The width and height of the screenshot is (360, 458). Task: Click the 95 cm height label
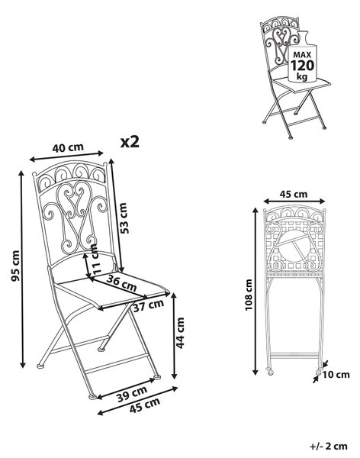pyautogui.click(x=15, y=266)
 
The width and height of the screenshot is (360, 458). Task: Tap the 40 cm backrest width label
pyautogui.click(x=68, y=147)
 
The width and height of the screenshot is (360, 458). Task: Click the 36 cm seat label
pyautogui.click(x=121, y=282)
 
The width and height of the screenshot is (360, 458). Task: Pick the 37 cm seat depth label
pyautogui.click(x=148, y=305)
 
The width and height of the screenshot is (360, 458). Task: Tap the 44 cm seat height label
pyautogui.click(x=180, y=333)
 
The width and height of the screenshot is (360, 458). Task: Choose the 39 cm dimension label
pyautogui.click(x=132, y=394)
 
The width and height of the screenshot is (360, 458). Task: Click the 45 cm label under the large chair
pyautogui.click(x=144, y=405)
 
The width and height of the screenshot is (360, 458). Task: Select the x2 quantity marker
pyautogui.click(x=130, y=142)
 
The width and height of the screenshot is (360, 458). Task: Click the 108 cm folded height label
pyautogui.click(x=248, y=295)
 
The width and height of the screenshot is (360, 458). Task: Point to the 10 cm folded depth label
pyautogui.click(x=336, y=375)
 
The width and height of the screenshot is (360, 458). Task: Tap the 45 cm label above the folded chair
pyautogui.click(x=294, y=194)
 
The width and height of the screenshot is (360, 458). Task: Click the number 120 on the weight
pyautogui.click(x=302, y=66)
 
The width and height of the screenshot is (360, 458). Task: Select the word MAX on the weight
pyautogui.click(x=302, y=55)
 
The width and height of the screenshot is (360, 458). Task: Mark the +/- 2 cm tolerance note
pyautogui.click(x=329, y=447)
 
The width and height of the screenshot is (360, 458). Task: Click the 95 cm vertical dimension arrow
pyautogui.click(x=22, y=269)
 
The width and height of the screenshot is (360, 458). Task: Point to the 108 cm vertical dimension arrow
pyautogui.click(x=256, y=292)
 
